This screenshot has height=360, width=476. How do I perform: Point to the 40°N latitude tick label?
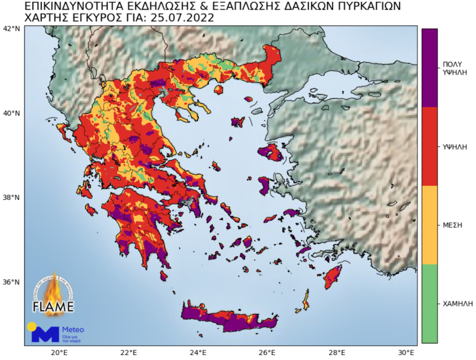coord(11,114)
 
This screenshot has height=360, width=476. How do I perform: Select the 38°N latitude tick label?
coord(11,198)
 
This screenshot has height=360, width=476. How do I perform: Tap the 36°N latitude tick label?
coord(11,283)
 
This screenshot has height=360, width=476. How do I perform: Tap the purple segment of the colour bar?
coord(429,68)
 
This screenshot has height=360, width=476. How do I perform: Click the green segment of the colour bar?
coord(429,303)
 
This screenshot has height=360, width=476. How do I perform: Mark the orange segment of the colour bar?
coord(429,225)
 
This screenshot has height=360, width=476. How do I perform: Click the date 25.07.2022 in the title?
coord(181,18)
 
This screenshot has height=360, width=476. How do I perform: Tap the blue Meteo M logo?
coord(44,333)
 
